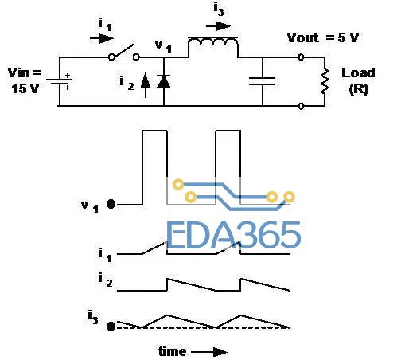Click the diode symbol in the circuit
pos(163,81)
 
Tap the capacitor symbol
pos(262,81)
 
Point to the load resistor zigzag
pos(325,81)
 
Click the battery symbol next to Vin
pos(60,81)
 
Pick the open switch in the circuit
pos(124,53)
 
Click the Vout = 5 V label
pos(323,37)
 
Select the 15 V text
pos(25,88)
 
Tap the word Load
pos(358,72)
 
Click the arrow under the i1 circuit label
pos(102,38)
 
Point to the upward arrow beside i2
pos(146,85)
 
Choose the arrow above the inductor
pos(218,26)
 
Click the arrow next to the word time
pos(209,352)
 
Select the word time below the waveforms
pos(173,352)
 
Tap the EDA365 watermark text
pos(234,235)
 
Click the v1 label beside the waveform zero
pos(90,206)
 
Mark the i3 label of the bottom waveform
pos(93,318)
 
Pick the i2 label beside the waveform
pos(105,280)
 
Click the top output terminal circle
pos(301,57)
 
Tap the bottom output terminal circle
pos(301,106)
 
